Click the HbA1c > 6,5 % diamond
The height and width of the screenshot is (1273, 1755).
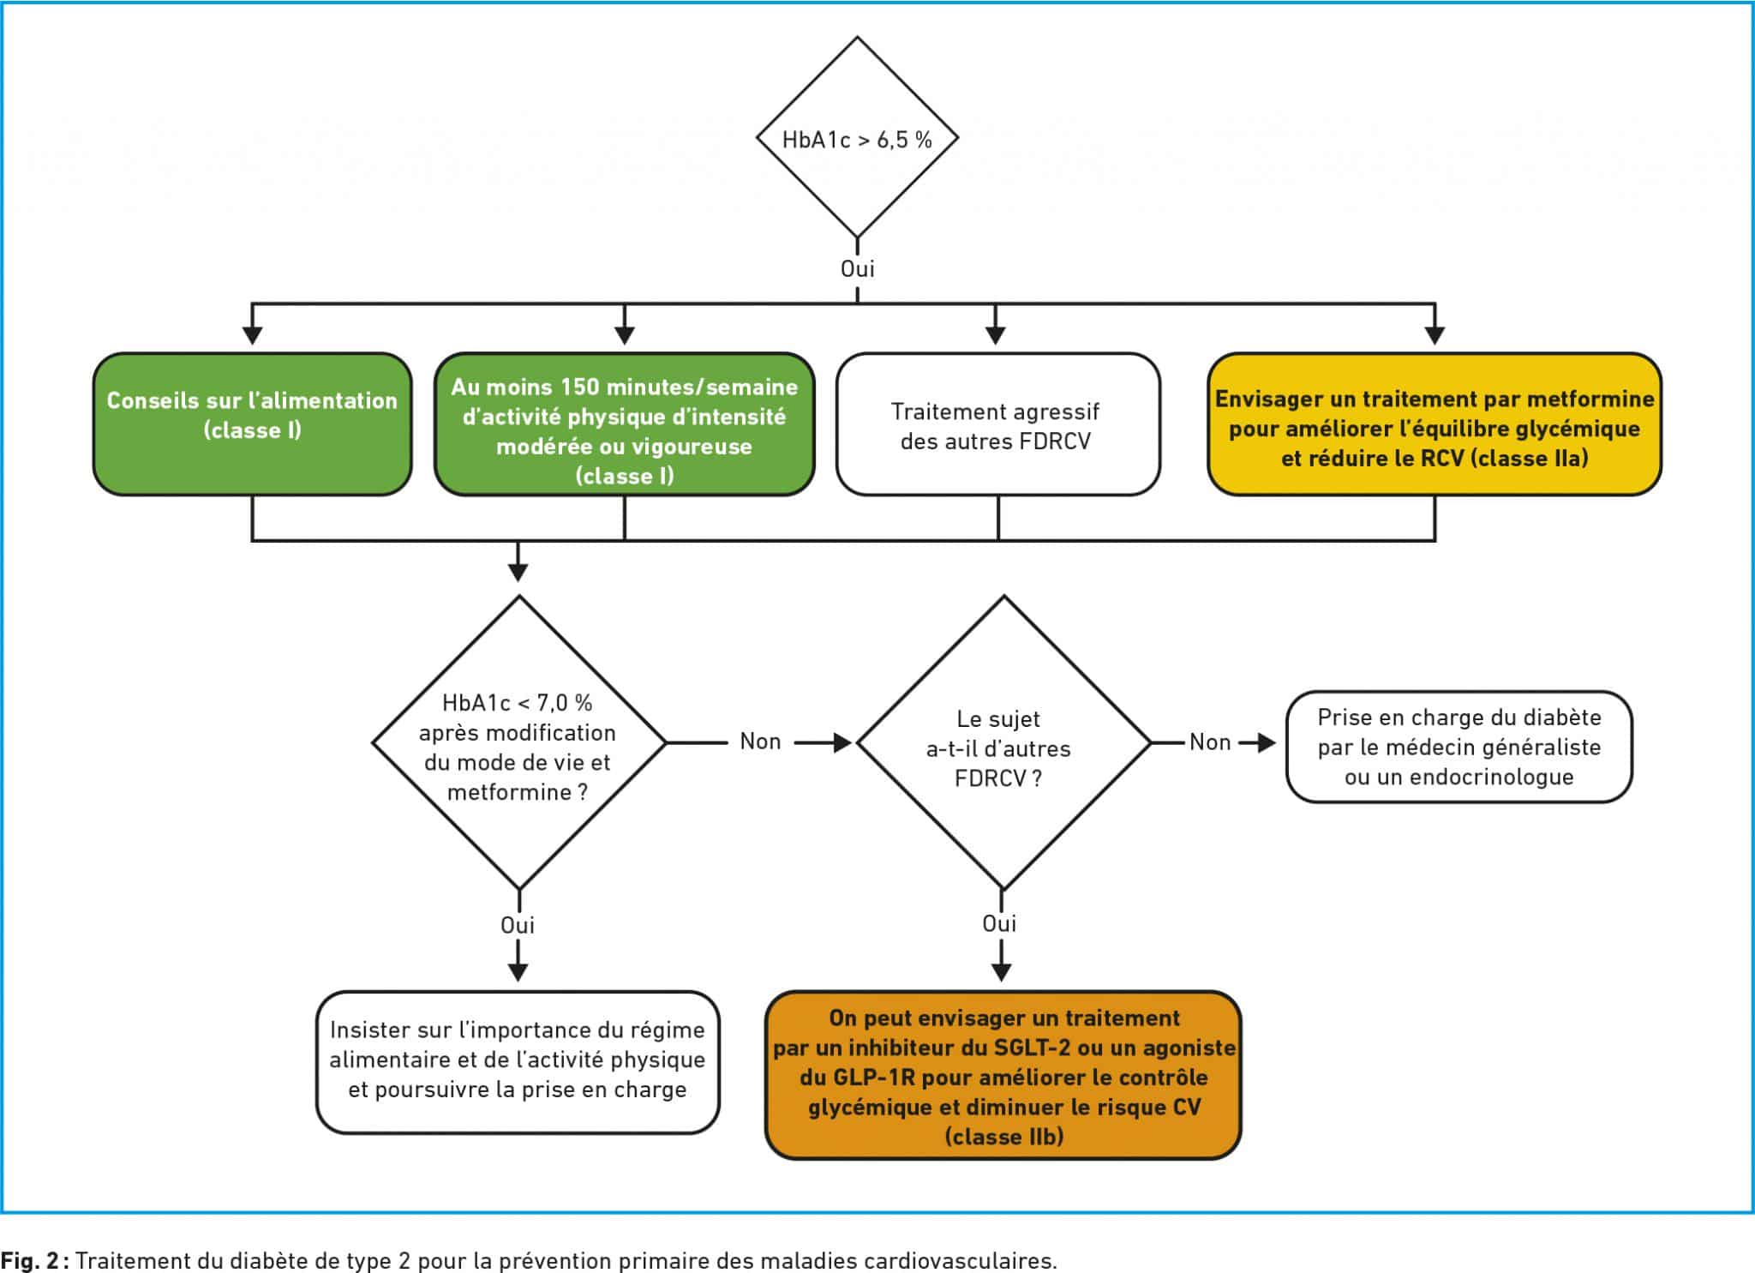click(x=857, y=138)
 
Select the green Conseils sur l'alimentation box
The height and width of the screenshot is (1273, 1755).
click(x=253, y=424)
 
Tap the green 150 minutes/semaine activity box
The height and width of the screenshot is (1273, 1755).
click(x=625, y=424)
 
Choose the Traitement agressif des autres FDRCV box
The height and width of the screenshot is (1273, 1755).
click(x=998, y=424)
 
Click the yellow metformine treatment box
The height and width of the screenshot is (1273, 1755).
click(x=1435, y=424)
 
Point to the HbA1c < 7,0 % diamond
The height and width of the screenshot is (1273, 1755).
click(x=518, y=742)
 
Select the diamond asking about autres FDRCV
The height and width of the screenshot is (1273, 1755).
click(x=1003, y=742)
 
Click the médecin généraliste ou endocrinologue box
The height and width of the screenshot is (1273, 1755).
click(x=1459, y=747)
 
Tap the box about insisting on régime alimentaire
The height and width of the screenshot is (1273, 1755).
click(x=518, y=1062)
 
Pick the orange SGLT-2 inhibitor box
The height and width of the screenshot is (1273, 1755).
click(x=1003, y=1076)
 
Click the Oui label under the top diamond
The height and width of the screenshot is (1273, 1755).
click(x=857, y=269)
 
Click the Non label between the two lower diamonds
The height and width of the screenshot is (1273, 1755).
click(x=760, y=742)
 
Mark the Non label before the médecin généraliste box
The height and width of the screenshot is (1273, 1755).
click(x=1210, y=742)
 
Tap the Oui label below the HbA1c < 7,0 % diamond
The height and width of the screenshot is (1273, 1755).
click(x=518, y=925)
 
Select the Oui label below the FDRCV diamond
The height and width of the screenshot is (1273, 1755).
click(x=1000, y=923)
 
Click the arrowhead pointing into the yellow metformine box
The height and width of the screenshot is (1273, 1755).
click(x=1435, y=336)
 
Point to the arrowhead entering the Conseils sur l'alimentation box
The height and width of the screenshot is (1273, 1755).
click(x=252, y=336)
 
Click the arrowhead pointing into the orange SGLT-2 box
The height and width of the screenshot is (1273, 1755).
click(x=1001, y=972)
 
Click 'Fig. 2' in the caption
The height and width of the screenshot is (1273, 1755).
click(x=29, y=1261)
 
